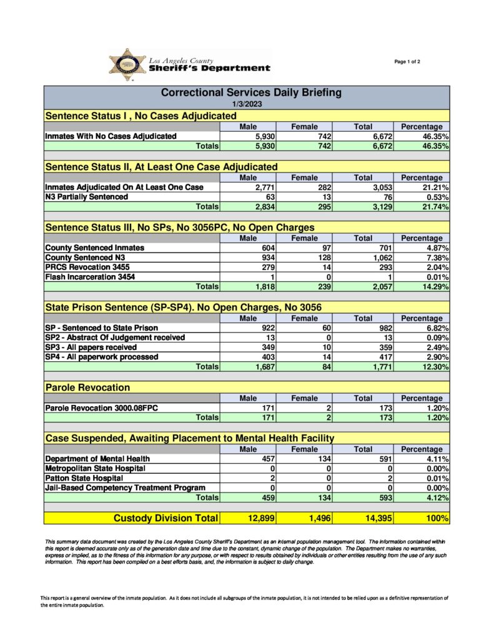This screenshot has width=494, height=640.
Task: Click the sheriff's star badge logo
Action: pos(128,64)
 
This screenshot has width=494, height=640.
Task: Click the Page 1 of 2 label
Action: pos(407,61)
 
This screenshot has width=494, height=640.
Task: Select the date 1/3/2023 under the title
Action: pos(247,104)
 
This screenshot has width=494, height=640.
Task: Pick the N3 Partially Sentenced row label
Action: pos(86,197)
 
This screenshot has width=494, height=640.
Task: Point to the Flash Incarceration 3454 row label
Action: pos(90,277)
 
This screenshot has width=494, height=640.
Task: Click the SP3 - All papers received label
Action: pos(91,347)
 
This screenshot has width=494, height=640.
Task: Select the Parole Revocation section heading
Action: pos(87,387)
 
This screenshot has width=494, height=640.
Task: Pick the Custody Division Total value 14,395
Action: pos(375,518)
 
